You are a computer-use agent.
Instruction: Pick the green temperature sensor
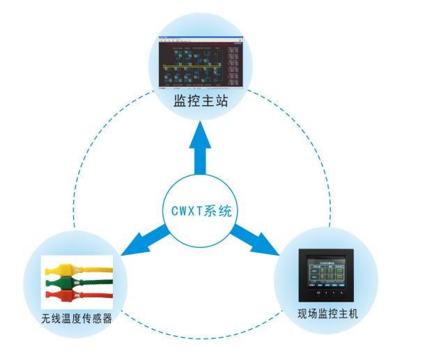(x=75, y=282)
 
